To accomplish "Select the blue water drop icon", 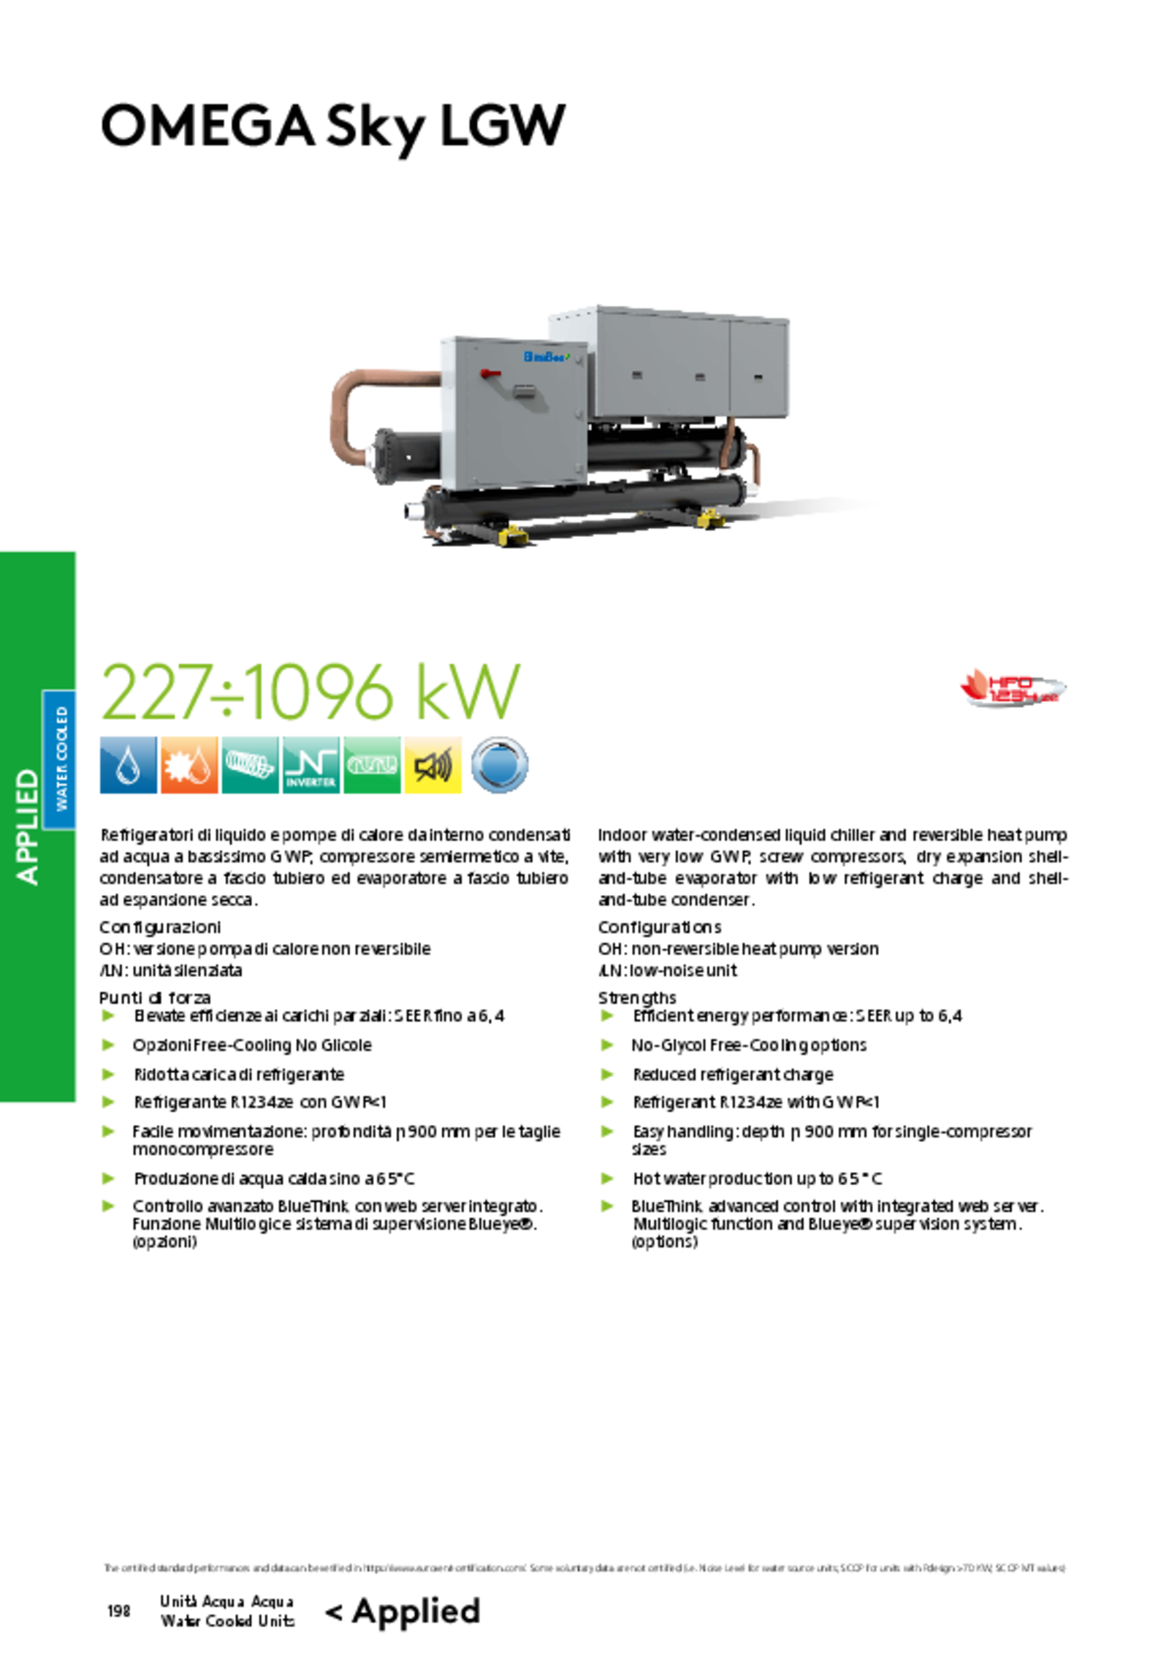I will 129,766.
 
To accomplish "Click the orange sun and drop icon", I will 189,766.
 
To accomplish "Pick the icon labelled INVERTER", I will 311,767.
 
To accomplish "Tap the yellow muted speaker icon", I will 433,766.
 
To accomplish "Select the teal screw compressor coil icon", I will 249,764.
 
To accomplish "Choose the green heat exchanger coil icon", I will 372,765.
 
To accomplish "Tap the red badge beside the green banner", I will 1012,686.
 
